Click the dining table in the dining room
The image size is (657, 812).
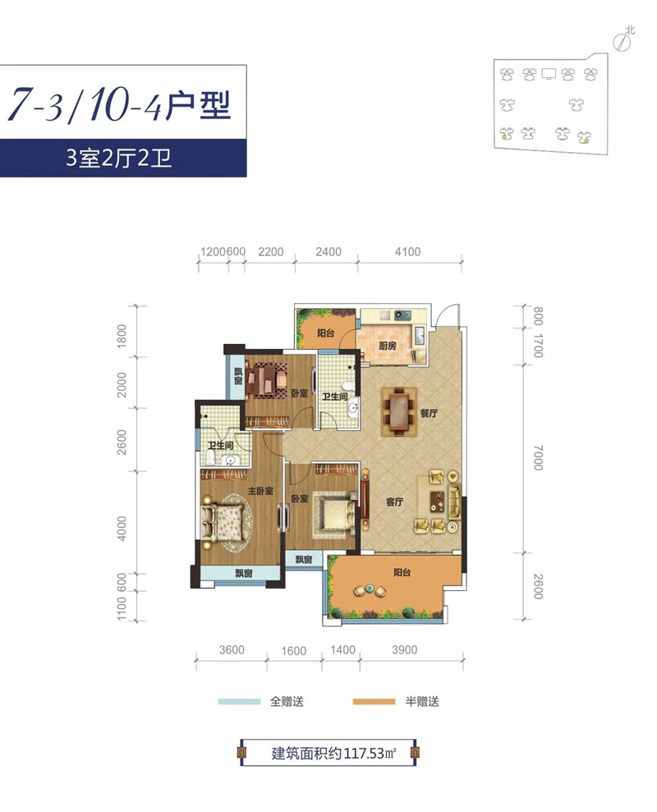point(400,411)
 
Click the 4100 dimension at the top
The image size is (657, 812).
point(407,252)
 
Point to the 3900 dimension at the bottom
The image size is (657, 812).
point(404,650)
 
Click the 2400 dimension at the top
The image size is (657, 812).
point(327,252)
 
